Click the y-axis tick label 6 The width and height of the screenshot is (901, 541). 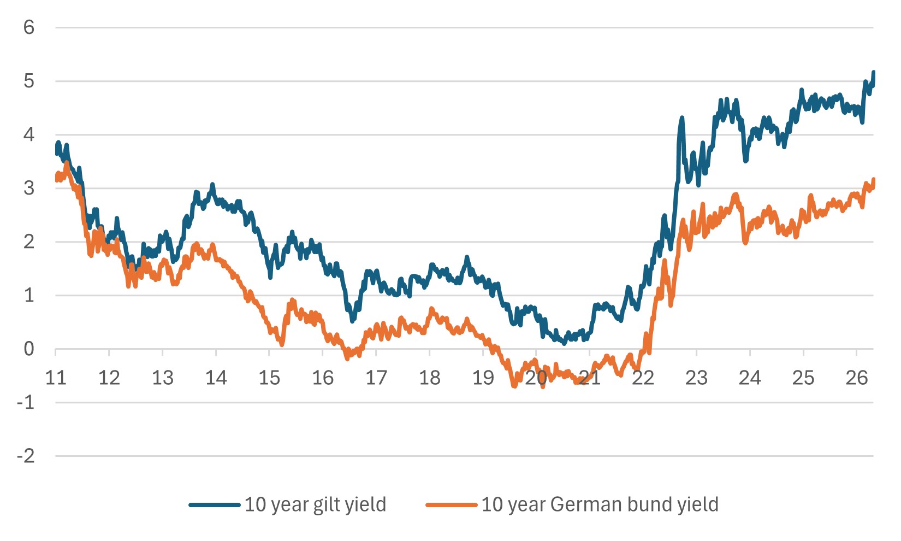click(x=29, y=27)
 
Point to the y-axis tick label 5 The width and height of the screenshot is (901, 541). click(x=29, y=81)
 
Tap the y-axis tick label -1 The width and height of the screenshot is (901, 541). click(x=26, y=402)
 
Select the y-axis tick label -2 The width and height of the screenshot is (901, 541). click(x=26, y=456)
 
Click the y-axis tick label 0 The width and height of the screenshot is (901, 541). click(x=29, y=349)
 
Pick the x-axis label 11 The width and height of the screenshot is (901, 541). click(x=56, y=378)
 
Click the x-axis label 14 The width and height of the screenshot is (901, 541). click(x=216, y=378)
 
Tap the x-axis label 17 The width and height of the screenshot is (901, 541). click(x=376, y=378)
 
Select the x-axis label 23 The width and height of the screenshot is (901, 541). click(x=696, y=378)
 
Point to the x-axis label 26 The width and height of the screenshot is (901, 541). click(x=857, y=378)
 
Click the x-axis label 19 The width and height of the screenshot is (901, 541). click(x=483, y=378)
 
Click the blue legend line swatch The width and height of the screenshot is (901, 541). click(x=215, y=505)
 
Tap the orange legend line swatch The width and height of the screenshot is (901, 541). click(x=452, y=505)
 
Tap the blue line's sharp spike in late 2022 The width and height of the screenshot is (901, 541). click(x=682, y=118)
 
